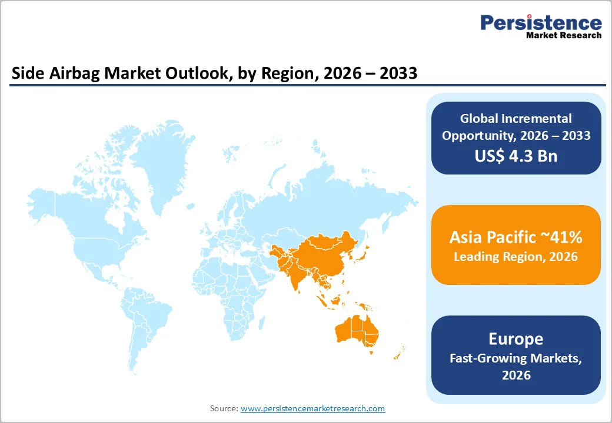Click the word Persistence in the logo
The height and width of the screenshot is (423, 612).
point(541,23)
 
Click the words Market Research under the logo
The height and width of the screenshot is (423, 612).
point(563,35)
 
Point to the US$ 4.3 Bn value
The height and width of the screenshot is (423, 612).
point(515,156)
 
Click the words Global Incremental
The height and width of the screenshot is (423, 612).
point(515,119)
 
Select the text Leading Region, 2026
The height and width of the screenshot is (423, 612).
point(515,257)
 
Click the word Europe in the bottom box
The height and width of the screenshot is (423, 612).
point(515,339)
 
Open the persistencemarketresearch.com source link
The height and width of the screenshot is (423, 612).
point(312,408)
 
